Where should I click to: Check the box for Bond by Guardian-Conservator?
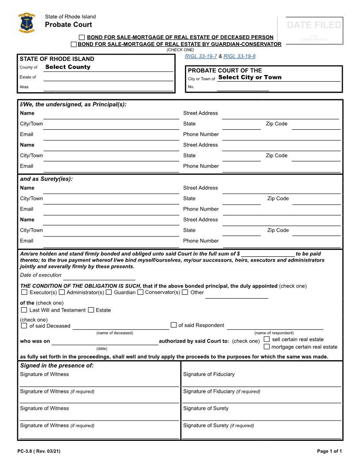(x=74, y=44)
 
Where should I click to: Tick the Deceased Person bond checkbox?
(x=82, y=38)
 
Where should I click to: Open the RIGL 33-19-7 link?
(x=201, y=56)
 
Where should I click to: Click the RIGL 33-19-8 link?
(x=239, y=56)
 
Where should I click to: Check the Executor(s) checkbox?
(x=24, y=292)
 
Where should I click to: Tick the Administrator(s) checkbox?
(x=62, y=292)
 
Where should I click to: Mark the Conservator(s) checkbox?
(x=140, y=292)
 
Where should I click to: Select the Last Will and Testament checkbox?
(x=24, y=310)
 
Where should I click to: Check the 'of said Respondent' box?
(x=174, y=325)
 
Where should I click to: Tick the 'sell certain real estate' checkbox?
(x=266, y=339)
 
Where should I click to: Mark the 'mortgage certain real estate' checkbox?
(x=266, y=347)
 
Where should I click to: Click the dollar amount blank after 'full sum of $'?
(x=268, y=254)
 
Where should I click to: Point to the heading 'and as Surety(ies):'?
(x=46, y=179)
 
